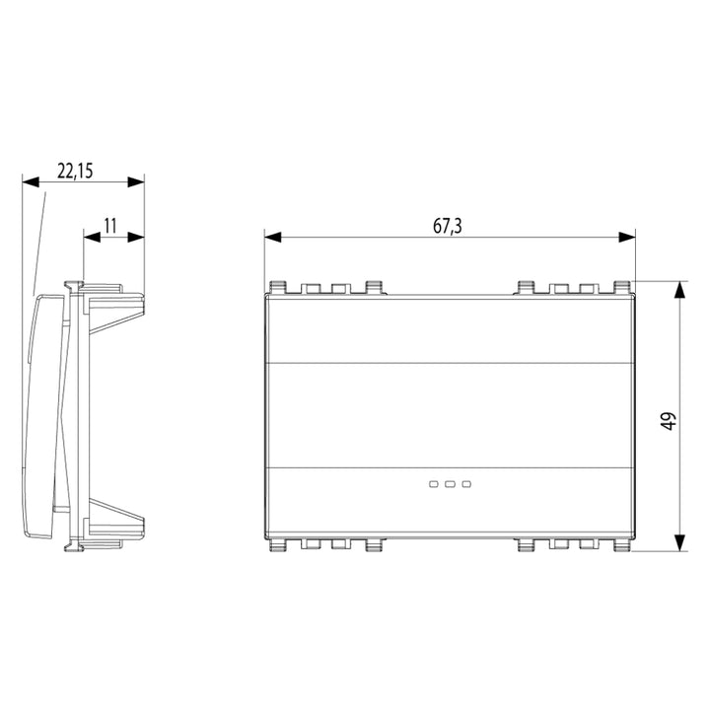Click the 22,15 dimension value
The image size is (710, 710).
tap(75, 171)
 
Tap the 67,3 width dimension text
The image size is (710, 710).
tap(448, 226)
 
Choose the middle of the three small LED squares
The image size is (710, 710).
tap(450, 484)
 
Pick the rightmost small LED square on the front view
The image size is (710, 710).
tap(466, 484)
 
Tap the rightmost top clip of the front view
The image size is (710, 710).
tap(622, 288)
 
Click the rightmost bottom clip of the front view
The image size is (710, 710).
tap(622, 543)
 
